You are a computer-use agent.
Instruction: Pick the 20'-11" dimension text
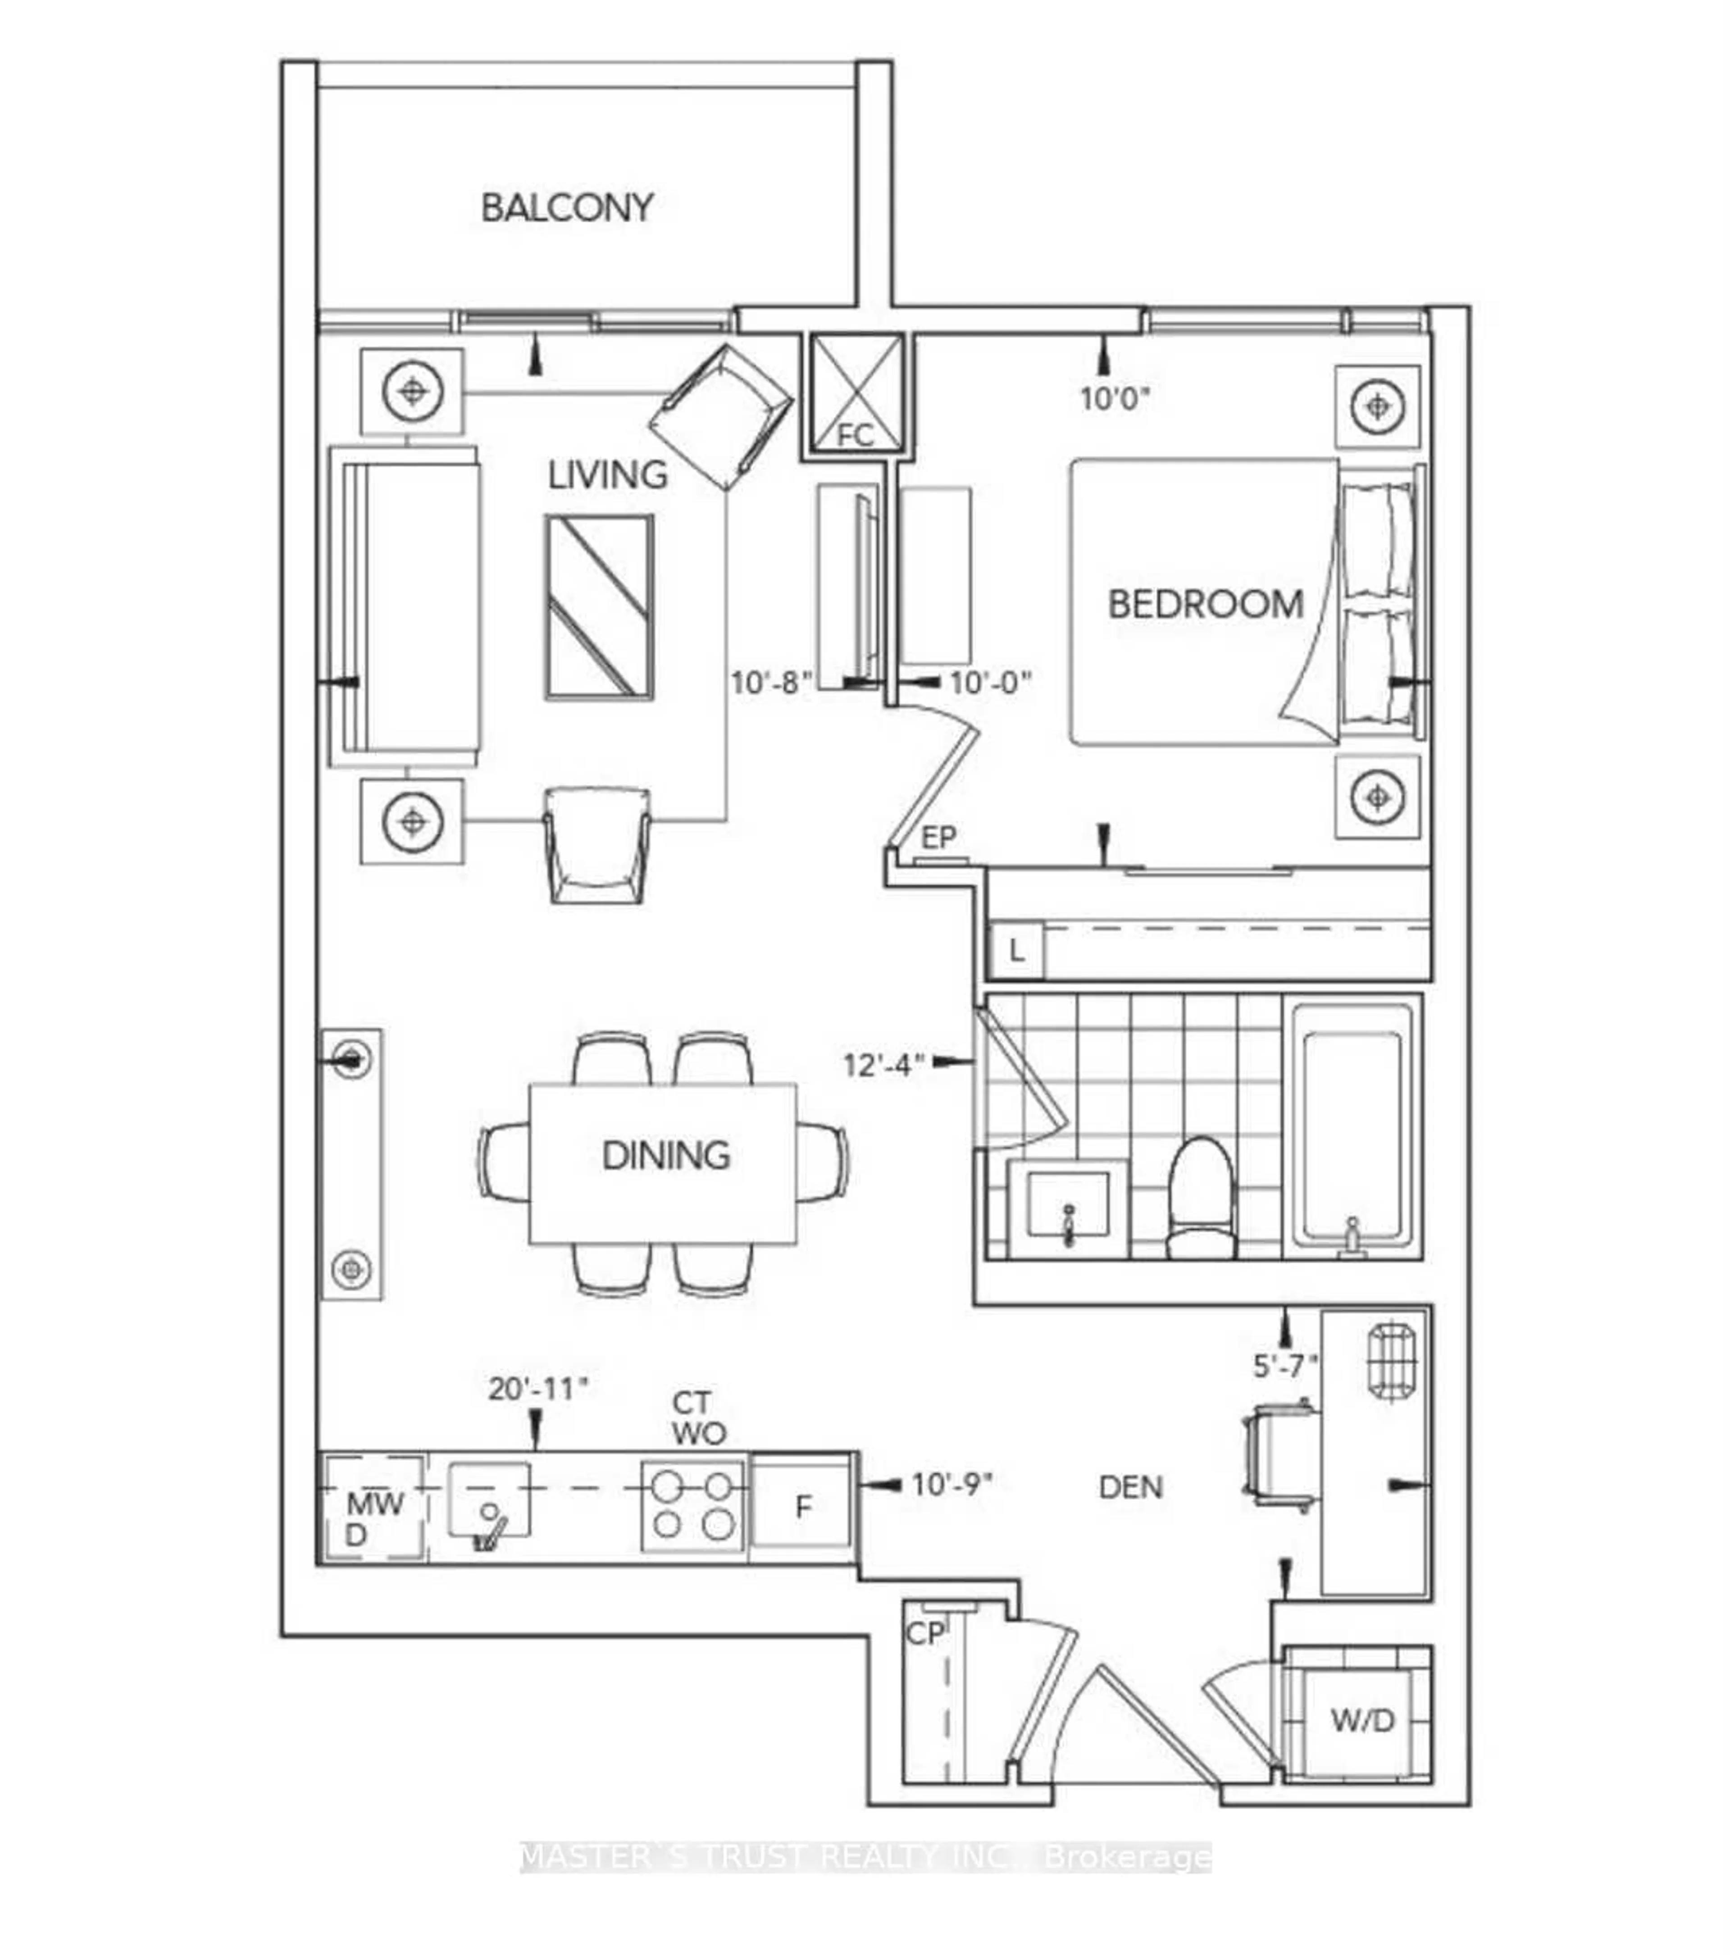coord(537,1389)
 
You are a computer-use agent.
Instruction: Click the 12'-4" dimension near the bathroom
coord(883,1065)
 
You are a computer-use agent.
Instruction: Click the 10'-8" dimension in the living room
coord(771,683)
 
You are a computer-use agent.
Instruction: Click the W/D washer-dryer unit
coord(1361,1721)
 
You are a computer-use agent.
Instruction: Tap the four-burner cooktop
coord(692,1506)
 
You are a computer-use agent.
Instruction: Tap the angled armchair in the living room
coord(721,416)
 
